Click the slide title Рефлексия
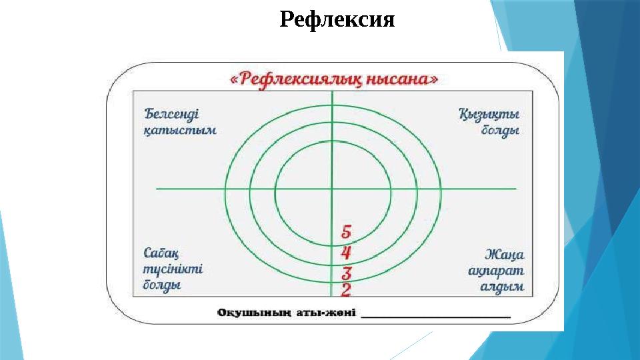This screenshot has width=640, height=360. (x=337, y=20)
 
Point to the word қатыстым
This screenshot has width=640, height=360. (x=180, y=131)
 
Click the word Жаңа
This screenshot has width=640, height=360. (x=505, y=254)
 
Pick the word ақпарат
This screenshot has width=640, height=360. (x=496, y=271)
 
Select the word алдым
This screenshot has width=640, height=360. (x=501, y=287)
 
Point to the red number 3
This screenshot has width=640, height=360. (x=347, y=273)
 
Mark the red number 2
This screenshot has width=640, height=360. (x=346, y=289)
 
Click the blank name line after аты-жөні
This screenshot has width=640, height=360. (x=436, y=315)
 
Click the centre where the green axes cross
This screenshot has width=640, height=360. (x=331, y=189)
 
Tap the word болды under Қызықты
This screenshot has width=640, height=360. (x=500, y=131)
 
